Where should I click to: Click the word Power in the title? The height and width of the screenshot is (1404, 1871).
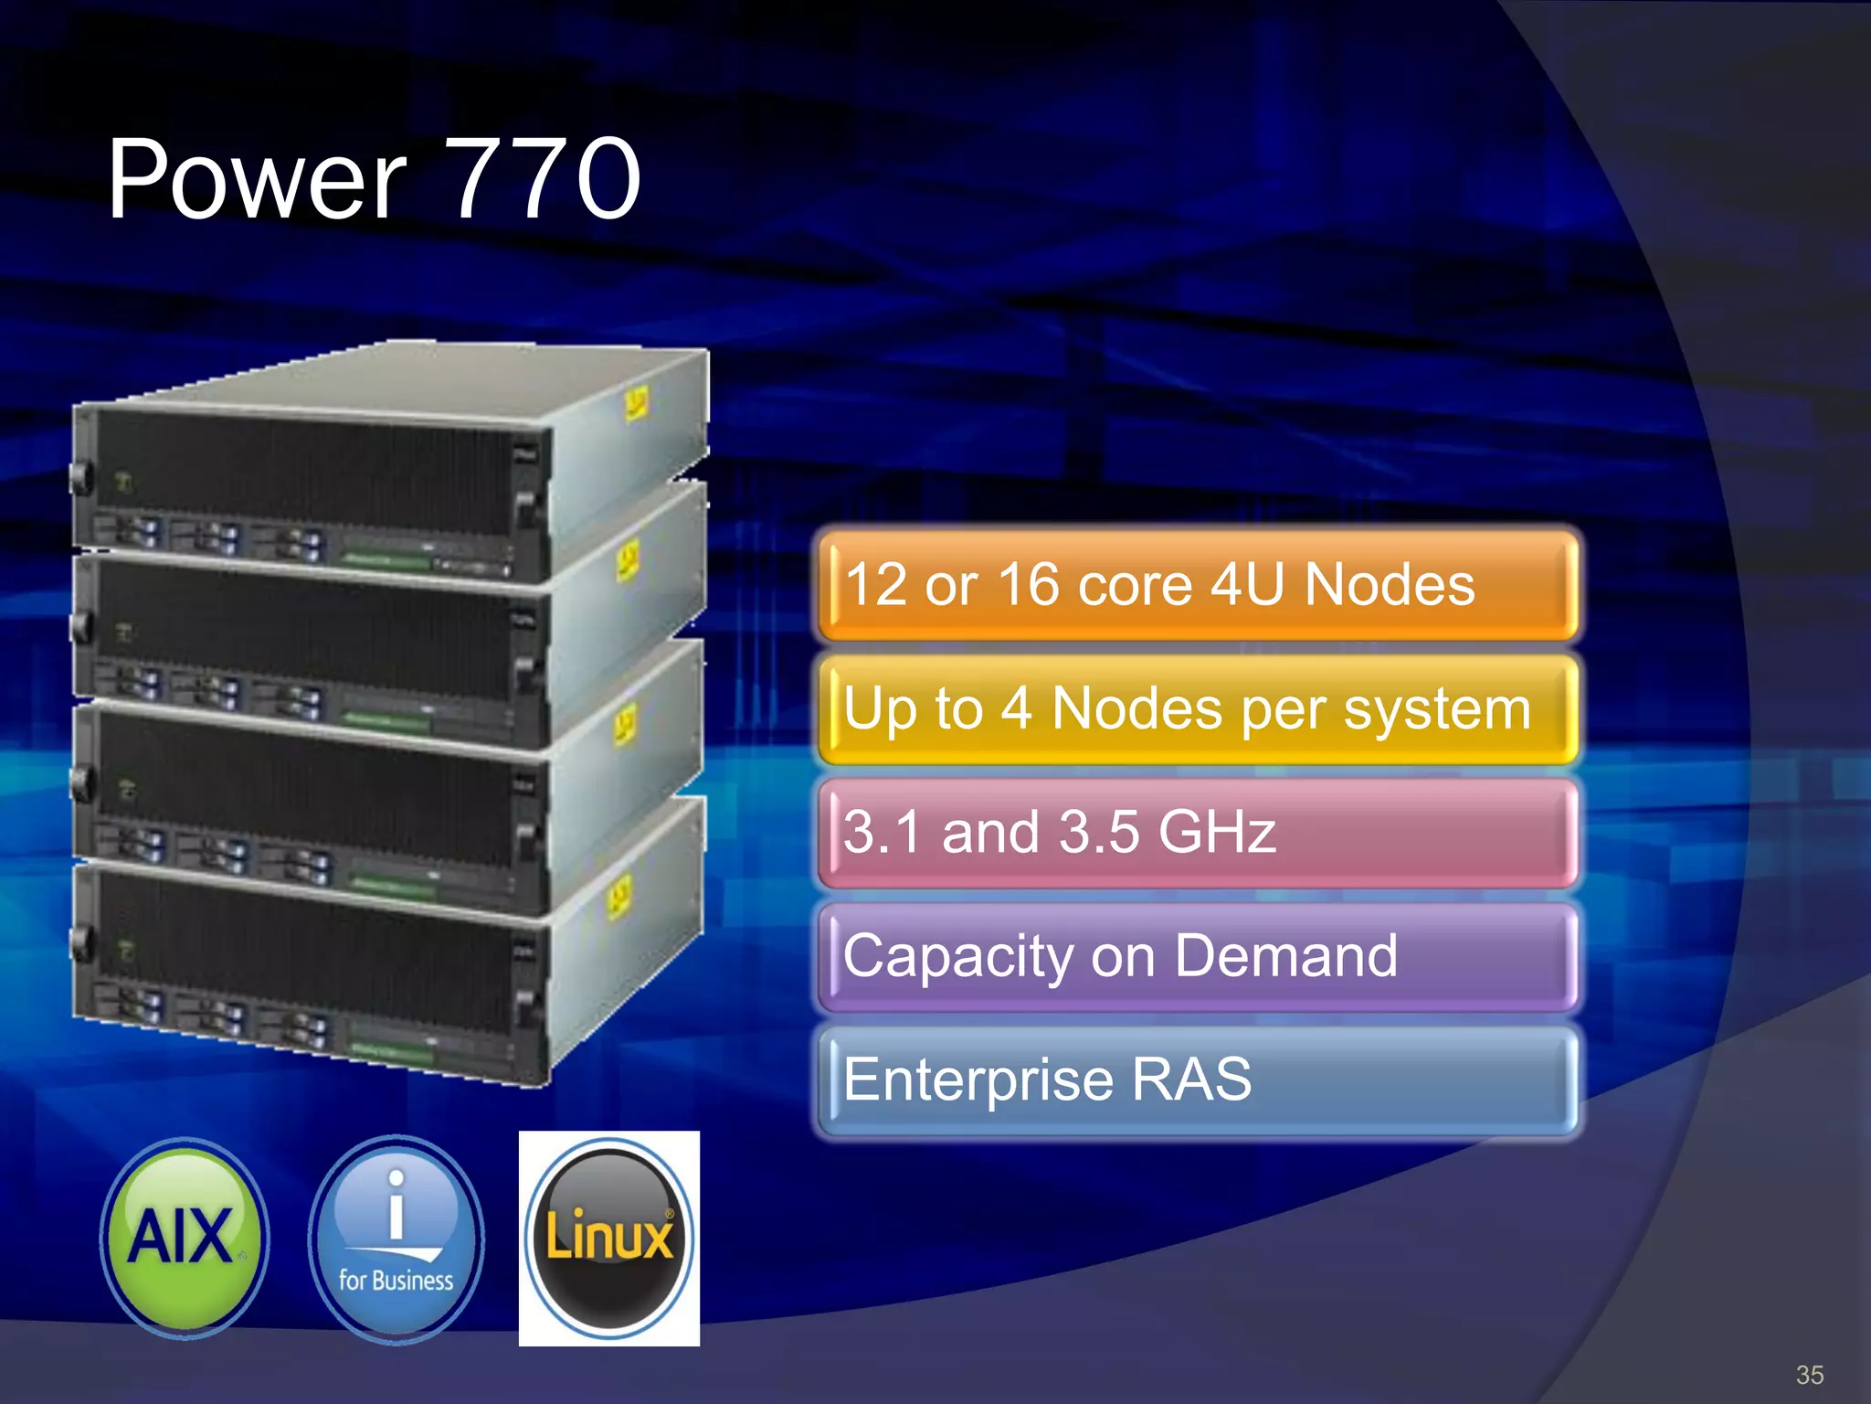[256, 180]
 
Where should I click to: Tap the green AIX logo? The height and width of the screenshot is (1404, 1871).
[185, 1238]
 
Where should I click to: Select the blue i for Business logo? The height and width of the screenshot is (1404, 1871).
[396, 1239]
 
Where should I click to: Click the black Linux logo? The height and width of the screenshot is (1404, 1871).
[609, 1239]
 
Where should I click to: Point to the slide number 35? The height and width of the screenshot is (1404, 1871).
[1809, 1375]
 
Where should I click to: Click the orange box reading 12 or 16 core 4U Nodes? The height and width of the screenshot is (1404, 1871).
[1197, 585]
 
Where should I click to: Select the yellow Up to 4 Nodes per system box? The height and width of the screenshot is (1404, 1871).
[1197, 709]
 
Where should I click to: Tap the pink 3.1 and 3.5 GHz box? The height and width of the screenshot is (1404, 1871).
[1197, 833]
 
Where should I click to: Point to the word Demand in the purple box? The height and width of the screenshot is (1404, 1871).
[1285, 956]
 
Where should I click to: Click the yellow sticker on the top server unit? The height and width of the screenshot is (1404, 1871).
[636, 402]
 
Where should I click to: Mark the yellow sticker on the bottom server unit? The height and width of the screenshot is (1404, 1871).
[619, 896]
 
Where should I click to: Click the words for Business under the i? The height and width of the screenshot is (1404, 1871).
[396, 1281]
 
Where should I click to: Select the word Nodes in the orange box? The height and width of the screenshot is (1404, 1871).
[1389, 585]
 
